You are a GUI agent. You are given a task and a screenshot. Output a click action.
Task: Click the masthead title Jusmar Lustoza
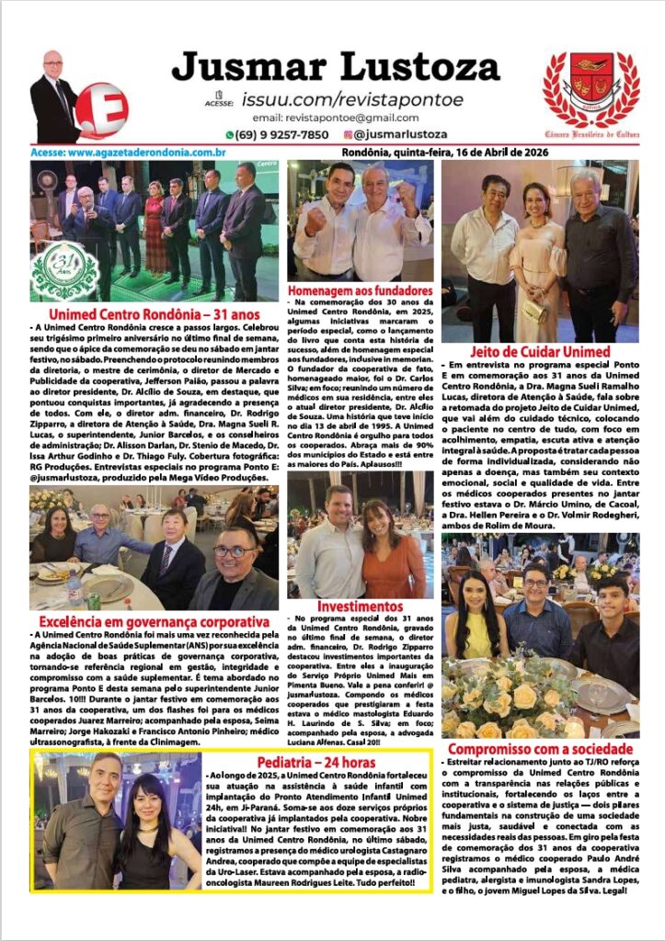[x=335, y=67]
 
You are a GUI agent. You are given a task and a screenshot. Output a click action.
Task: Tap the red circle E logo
[x=101, y=109]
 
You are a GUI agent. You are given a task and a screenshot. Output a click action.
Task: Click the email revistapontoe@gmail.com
[x=335, y=118]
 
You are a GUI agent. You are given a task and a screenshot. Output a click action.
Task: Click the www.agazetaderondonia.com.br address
[x=129, y=152]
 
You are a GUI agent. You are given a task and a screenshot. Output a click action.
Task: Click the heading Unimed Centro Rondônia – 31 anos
[x=154, y=314]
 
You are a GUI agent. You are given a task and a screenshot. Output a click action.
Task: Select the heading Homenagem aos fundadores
[x=360, y=291]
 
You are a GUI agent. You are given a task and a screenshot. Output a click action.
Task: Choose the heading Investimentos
[x=360, y=607]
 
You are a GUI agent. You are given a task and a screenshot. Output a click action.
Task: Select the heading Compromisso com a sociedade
[x=540, y=749]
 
